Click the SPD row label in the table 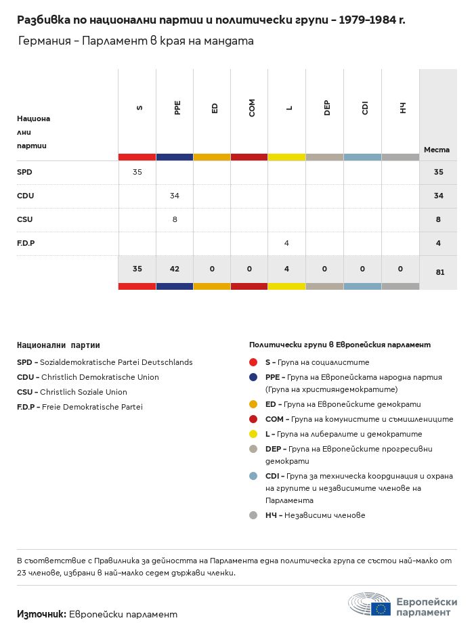point(24,173)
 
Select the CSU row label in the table point(24,220)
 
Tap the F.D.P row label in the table point(26,244)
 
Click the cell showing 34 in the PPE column point(175,196)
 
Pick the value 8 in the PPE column point(175,220)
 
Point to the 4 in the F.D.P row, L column point(287,244)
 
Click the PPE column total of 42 point(175,269)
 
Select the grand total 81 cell point(438,272)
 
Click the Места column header point(436,150)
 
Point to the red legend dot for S point(253,363)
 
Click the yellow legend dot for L point(253,434)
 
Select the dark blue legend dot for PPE point(253,377)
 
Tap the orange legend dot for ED point(253,404)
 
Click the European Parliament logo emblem point(370,604)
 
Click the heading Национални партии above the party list point(58,345)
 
